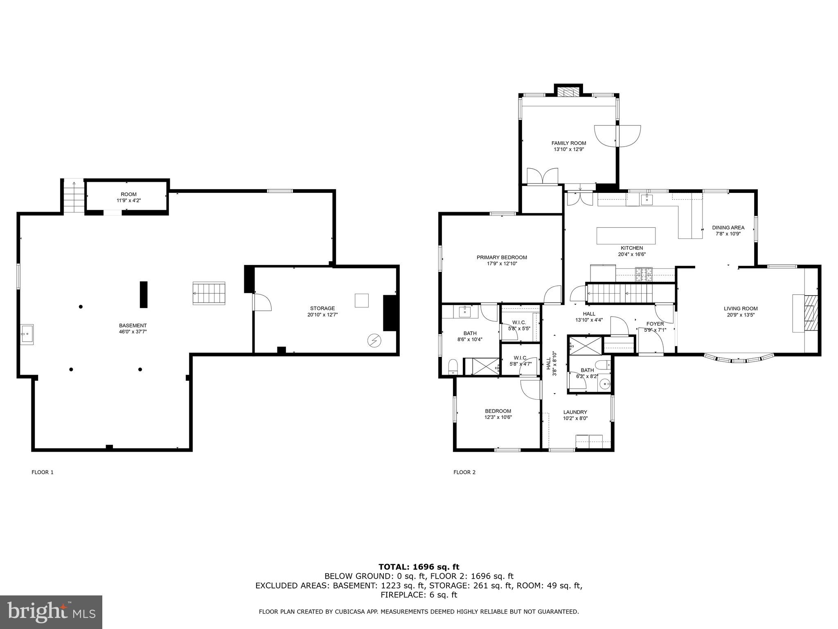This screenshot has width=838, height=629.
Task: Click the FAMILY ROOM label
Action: point(568,143)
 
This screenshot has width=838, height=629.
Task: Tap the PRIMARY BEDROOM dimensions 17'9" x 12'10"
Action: point(502,264)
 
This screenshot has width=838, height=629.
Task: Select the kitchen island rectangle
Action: point(626,236)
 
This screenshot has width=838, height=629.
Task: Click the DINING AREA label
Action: point(728,228)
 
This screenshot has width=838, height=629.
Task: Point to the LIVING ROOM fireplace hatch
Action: point(811,312)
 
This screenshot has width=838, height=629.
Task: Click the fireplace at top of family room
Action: point(568,93)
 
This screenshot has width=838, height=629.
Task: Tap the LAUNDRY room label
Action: point(575,412)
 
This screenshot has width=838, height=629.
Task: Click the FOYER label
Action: point(655,324)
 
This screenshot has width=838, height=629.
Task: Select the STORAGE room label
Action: point(322,308)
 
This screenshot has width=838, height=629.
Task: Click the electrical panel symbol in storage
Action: point(374,340)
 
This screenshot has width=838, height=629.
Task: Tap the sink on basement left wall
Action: point(27,334)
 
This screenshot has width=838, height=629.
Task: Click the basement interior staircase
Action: point(209,293)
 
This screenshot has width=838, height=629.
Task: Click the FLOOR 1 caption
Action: point(43,472)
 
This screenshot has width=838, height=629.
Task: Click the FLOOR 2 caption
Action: point(464,472)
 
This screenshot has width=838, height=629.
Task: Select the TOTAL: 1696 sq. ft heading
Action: point(419,567)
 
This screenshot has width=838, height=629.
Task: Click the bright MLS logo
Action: point(51,612)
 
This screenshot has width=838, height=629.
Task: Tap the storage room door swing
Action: point(262,302)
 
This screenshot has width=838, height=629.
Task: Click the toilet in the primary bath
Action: point(453,366)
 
